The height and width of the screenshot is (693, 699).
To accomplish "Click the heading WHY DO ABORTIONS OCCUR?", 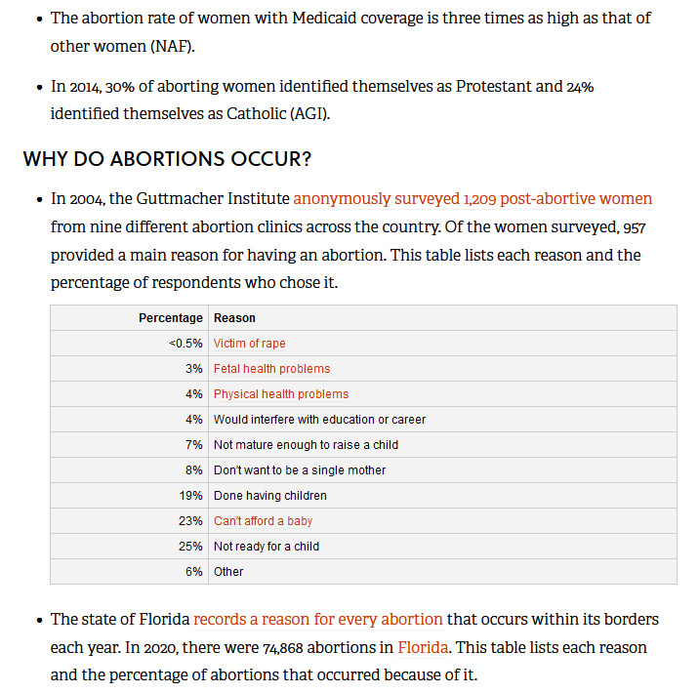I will click(x=167, y=159).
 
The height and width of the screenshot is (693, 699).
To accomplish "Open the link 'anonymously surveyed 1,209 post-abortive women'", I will click(x=473, y=199).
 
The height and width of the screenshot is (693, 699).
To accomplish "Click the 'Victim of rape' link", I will click(x=250, y=344).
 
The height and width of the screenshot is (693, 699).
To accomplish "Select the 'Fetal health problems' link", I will click(x=271, y=369).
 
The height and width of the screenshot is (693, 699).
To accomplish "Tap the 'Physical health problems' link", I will click(x=281, y=394).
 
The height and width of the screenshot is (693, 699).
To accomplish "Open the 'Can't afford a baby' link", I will click(x=263, y=521).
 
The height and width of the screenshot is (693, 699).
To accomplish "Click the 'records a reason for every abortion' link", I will click(x=318, y=620).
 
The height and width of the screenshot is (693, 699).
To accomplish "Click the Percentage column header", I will click(x=171, y=318).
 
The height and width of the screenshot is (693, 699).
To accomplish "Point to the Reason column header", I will click(x=234, y=318).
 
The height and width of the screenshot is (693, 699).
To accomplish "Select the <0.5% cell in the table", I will click(x=185, y=344).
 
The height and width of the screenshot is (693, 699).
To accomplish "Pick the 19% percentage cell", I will click(x=191, y=496).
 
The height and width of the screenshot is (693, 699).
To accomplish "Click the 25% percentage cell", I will click(x=191, y=547).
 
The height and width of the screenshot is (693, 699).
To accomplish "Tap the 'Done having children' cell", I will click(x=270, y=496).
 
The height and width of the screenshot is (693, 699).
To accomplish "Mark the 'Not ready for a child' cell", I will click(x=267, y=547).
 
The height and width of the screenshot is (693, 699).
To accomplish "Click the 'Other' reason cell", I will click(x=228, y=572).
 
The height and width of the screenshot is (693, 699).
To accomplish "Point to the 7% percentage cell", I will click(x=194, y=445).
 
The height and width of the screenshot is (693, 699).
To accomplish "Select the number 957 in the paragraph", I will click(x=632, y=227).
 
